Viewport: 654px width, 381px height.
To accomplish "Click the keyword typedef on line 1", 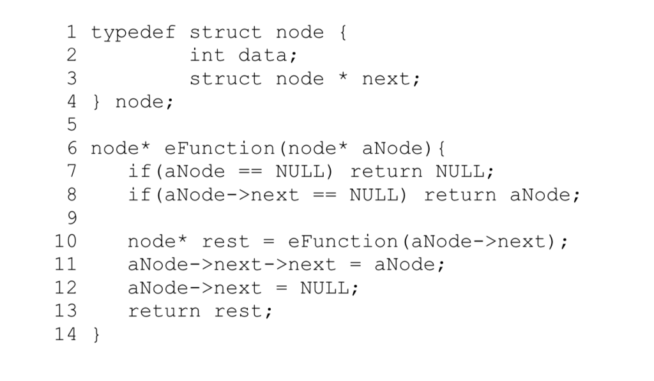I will click(133, 32).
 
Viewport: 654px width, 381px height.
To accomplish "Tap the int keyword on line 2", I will click(207, 56).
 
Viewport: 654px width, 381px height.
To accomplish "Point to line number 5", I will click(71, 125).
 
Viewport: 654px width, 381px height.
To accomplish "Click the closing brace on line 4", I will click(96, 102).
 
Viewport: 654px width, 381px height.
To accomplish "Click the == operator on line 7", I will click(250, 172).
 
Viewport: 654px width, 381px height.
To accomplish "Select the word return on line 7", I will click(386, 172).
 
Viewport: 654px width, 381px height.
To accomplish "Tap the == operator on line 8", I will click(324, 195).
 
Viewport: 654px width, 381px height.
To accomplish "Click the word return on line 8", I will click(460, 195).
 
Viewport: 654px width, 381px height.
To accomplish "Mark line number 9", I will click(71, 218).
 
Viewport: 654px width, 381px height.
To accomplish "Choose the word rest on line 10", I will click(225, 242).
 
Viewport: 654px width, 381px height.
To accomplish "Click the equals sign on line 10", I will click(269, 242).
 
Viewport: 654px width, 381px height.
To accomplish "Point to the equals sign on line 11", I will click(355, 265).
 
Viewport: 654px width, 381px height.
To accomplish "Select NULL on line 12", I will click(324, 288).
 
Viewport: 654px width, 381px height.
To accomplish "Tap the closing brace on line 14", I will click(96, 335).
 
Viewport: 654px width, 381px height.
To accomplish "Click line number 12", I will click(65, 288).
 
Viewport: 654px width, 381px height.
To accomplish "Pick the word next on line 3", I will click(386, 78).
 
